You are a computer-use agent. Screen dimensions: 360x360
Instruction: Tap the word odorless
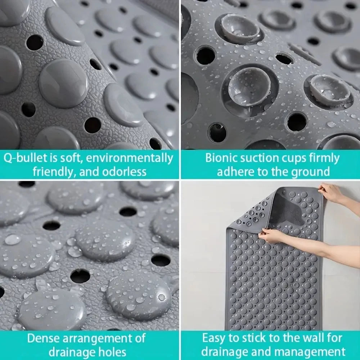point(124,172)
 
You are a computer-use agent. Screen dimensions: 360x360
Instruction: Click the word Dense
point(43,338)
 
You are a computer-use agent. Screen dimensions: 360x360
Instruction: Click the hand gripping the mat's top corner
point(331,192)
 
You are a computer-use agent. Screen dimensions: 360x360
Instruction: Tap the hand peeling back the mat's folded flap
point(271,235)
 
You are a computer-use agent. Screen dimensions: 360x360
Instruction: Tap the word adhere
point(235,172)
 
